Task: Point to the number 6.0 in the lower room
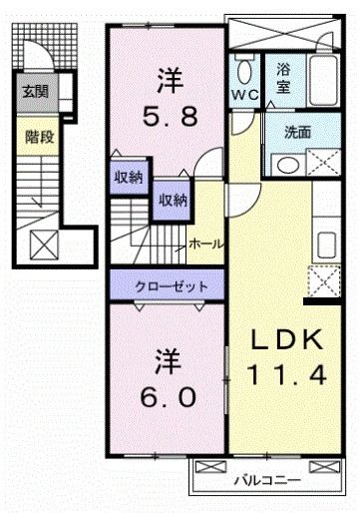click(x=168, y=395)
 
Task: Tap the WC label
click(x=245, y=94)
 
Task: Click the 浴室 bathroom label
click(x=284, y=80)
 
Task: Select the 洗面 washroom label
click(x=297, y=132)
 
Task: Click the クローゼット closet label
click(x=172, y=286)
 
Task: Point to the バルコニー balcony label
click(x=266, y=480)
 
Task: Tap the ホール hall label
click(x=205, y=244)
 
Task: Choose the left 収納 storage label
click(x=127, y=178)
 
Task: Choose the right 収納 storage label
click(x=171, y=200)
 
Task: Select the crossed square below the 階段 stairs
click(x=44, y=244)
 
